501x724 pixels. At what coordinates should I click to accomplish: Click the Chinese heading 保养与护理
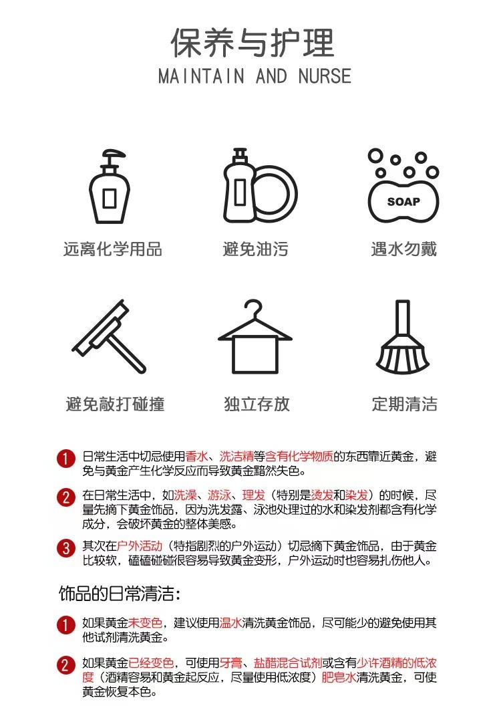click(x=253, y=43)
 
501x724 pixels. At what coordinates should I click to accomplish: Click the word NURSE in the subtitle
click(x=325, y=76)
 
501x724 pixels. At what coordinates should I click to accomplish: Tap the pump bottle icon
click(x=110, y=187)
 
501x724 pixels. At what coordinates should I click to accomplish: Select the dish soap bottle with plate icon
click(x=260, y=186)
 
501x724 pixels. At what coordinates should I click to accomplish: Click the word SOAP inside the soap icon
click(x=403, y=202)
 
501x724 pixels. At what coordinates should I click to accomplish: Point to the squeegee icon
click(x=109, y=337)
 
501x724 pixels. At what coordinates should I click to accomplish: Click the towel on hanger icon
click(x=255, y=337)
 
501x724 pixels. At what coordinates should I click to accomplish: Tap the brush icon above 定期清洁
click(x=403, y=337)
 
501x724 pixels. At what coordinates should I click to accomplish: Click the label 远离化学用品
click(x=113, y=249)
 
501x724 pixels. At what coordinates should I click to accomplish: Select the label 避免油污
click(x=256, y=249)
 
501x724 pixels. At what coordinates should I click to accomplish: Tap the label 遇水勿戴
click(x=403, y=249)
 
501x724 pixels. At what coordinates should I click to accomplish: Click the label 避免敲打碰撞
click(x=116, y=404)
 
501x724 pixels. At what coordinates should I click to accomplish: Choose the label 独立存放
click(x=257, y=404)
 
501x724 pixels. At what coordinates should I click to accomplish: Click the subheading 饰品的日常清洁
click(x=120, y=594)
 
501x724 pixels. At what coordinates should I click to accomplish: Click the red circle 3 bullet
click(x=66, y=549)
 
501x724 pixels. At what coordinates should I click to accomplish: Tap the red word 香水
click(x=196, y=457)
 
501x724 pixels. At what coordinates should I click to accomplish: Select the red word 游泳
click(x=219, y=495)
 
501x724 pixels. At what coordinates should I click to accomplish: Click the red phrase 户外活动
click(x=140, y=546)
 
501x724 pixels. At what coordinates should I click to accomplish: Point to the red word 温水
click(x=230, y=623)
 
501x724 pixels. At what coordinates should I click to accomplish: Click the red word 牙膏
click(x=230, y=663)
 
